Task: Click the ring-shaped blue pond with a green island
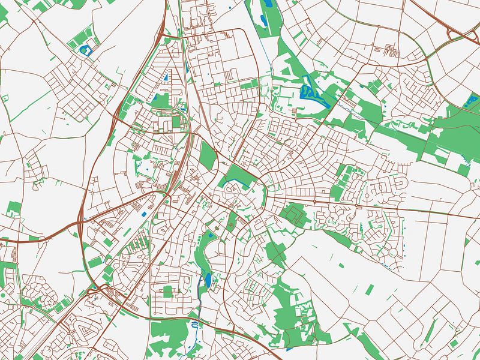(x=84, y=47)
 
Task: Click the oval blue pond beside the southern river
(x=208, y=280)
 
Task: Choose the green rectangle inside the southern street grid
(x=168, y=291)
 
